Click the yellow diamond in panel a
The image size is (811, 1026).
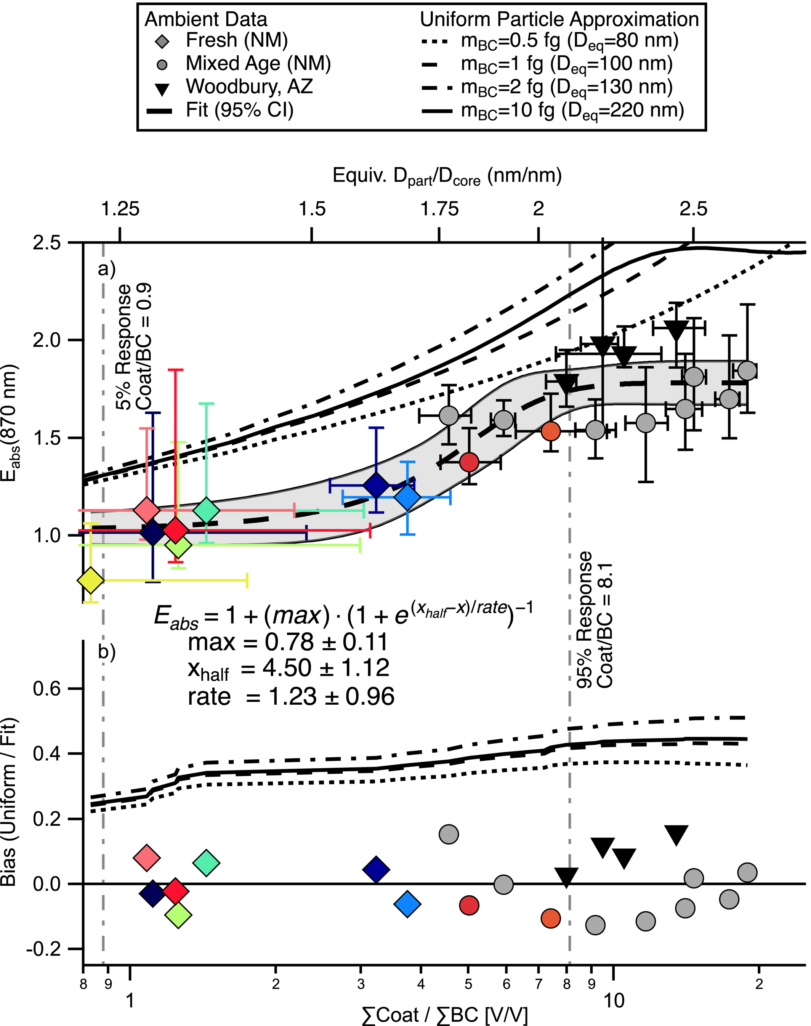(x=91, y=580)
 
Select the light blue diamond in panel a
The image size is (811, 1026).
(x=407, y=497)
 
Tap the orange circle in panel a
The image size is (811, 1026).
(x=550, y=431)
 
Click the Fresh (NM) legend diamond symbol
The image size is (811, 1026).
(x=162, y=42)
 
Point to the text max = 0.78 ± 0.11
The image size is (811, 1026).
(x=288, y=642)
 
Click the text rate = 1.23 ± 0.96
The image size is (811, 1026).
(x=290, y=696)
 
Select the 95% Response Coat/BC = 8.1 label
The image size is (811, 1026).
(x=595, y=620)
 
